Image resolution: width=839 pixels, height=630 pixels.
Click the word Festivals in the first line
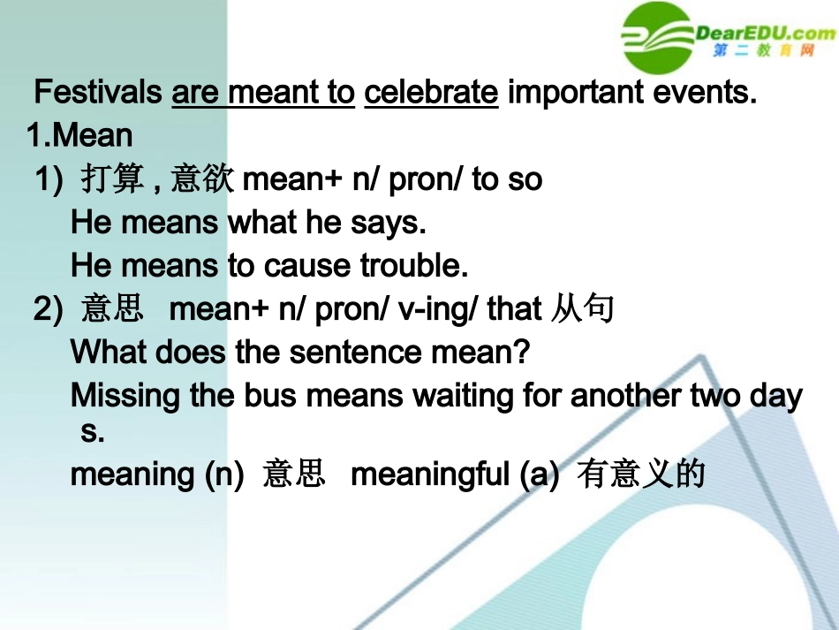click(x=98, y=92)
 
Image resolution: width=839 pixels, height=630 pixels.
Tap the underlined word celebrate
click(x=431, y=92)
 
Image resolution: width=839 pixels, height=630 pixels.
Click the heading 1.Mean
click(x=79, y=134)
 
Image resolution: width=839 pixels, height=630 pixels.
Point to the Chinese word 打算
click(x=112, y=178)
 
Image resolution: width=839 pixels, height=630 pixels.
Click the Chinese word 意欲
click(x=202, y=178)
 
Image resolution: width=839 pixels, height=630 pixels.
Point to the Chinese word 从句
click(x=582, y=308)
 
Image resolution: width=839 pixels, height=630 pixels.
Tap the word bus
click(x=269, y=396)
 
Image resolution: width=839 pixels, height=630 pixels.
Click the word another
click(x=625, y=396)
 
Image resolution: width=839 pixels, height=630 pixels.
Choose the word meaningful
click(x=430, y=474)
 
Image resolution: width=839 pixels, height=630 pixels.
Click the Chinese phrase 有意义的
click(x=640, y=474)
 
